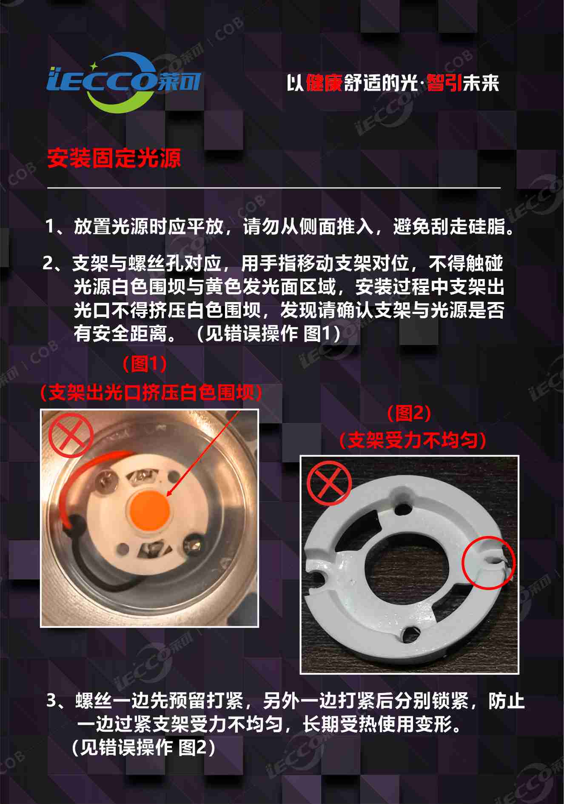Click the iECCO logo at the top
123,82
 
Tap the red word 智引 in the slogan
444,83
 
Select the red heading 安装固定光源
114,158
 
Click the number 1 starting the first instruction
50,227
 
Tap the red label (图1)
145,364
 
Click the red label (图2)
409,413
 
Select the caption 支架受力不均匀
413,440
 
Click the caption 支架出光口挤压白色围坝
151,392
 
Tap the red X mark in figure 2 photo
329,484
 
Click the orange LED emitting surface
150,509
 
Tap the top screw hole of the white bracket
402,508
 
